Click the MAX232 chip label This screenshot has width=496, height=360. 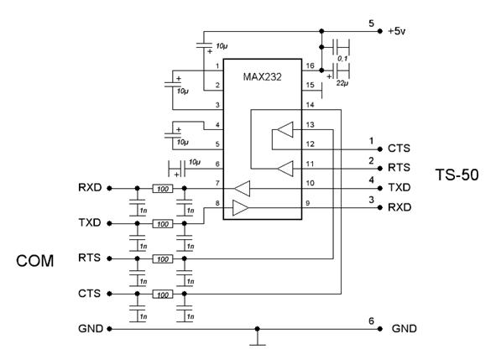coord(262,77)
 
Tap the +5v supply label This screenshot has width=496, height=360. coord(397,31)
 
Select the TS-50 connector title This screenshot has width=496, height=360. coord(457,175)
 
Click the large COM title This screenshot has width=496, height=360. coord(34,261)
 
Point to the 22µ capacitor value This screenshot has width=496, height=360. coord(342,84)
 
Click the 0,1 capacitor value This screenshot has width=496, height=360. coord(342,59)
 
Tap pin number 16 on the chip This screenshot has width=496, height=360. coord(310,65)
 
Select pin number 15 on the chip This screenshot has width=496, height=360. coord(310,85)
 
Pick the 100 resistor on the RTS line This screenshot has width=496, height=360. coord(163,259)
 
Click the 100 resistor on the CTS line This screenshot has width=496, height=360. coord(163,295)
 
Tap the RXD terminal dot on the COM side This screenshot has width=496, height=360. coord(109,188)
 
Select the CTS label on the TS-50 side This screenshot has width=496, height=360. coord(399,149)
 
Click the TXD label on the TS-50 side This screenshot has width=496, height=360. coord(399,188)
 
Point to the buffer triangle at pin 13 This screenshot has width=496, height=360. coord(285,129)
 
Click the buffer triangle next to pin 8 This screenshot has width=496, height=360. coord(240,208)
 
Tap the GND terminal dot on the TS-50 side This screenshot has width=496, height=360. coord(380,329)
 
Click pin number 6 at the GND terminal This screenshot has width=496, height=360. coord(371,321)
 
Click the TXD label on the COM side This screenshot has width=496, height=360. coord(90,222)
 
